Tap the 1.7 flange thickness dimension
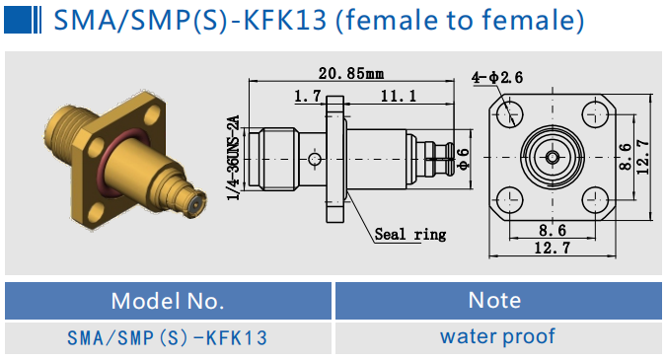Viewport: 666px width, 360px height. [309, 96]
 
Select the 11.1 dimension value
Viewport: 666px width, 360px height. [397, 96]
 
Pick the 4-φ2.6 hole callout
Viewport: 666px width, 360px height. [497, 77]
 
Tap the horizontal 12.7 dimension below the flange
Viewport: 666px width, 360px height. [552, 248]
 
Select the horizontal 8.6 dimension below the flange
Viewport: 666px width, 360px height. [552, 229]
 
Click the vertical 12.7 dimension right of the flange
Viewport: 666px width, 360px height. [642, 156]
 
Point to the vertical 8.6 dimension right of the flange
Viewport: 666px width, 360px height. [624, 156]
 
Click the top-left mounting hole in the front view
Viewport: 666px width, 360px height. [509, 114]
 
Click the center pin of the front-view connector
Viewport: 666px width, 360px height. [552, 156]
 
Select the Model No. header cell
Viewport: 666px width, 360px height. [168, 301]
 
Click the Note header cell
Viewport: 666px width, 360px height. [497, 300]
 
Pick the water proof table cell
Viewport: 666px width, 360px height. [497, 336]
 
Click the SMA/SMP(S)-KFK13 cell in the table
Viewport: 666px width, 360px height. [168, 337]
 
